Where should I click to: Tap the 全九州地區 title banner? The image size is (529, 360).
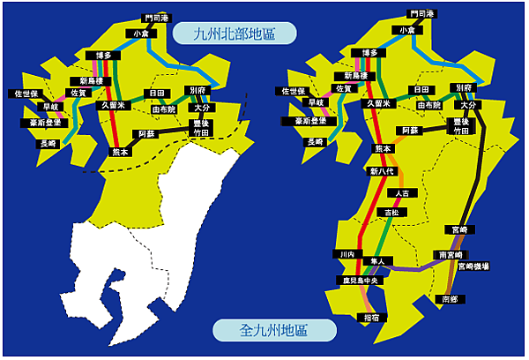[275, 330]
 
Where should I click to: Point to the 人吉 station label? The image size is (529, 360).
[401, 192]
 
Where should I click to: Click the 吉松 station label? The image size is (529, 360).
[389, 213]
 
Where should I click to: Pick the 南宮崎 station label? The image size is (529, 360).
[449, 254]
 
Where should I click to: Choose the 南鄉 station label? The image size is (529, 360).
[450, 300]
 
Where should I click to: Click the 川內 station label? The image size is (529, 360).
[347, 254]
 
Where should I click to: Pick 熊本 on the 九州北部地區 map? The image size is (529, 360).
[120, 151]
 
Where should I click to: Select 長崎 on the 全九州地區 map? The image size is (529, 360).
[314, 141]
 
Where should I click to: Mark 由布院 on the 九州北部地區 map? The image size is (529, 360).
[164, 109]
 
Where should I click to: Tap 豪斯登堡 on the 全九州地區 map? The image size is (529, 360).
[309, 121]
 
